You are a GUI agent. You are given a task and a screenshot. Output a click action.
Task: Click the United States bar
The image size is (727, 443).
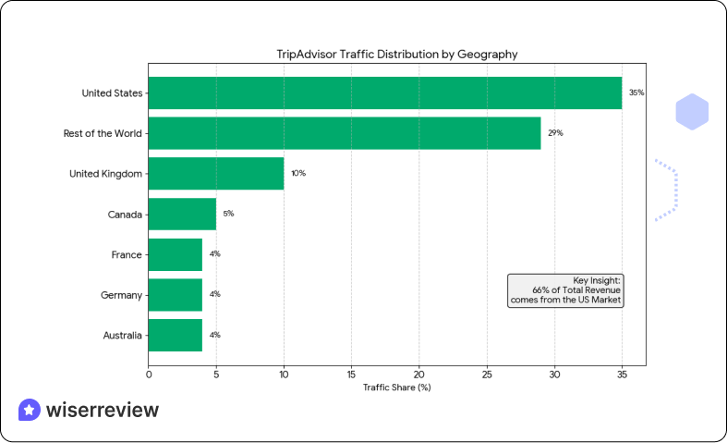(384, 92)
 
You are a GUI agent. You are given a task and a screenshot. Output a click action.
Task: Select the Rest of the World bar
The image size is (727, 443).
(344, 133)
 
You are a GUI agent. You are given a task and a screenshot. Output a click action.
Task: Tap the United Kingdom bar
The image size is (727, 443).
(215, 173)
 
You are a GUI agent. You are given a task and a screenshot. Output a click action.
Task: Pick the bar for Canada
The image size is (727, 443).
(182, 214)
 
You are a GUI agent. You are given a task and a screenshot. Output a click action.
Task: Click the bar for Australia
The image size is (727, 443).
(175, 335)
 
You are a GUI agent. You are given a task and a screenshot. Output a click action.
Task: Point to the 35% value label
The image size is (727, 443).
(636, 93)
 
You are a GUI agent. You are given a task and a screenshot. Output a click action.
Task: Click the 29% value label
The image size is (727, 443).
(555, 133)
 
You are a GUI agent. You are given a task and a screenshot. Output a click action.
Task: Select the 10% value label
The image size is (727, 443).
(298, 174)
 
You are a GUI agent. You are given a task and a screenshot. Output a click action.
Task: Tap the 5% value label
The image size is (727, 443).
(228, 214)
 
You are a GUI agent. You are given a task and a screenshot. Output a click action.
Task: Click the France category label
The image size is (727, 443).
(126, 254)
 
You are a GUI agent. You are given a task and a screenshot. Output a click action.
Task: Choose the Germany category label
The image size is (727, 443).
(122, 295)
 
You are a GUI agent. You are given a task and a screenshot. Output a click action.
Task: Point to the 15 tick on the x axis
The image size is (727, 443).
(351, 374)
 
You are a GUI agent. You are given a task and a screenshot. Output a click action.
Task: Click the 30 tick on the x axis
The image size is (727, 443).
(554, 374)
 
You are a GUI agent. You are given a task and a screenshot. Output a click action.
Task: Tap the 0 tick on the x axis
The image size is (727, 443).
(149, 374)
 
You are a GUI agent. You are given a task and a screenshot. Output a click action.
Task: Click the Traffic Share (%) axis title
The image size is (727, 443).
(396, 387)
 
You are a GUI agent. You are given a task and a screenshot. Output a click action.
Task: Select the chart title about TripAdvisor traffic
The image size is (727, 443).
(396, 55)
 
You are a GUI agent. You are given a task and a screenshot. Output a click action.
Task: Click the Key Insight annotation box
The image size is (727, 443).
(566, 290)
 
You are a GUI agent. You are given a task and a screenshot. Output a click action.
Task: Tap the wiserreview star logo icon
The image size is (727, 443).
(29, 410)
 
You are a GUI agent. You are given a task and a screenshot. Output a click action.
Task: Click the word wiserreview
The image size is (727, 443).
(102, 410)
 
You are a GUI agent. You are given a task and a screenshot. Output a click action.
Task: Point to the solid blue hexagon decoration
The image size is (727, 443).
(692, 112)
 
